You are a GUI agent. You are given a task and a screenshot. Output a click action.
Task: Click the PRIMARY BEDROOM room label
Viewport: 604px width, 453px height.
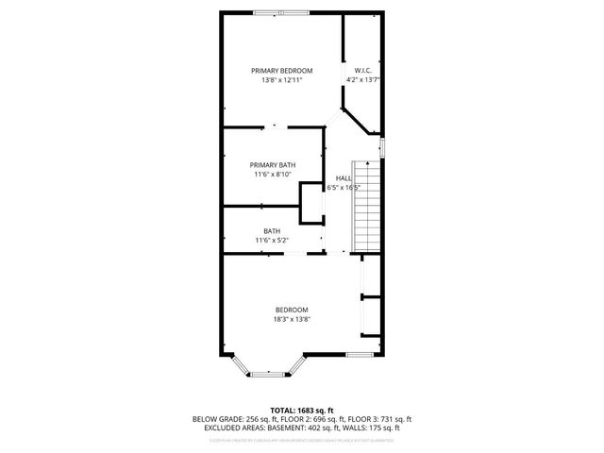click(x=281, y=71)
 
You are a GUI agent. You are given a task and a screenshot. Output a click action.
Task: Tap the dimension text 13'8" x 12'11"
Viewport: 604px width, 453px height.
click(x=281, y=80)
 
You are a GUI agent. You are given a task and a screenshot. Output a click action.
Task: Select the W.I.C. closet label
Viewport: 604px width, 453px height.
click(x=362, y=71)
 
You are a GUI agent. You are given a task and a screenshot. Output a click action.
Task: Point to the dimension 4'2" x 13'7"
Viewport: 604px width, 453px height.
click(x=362, y=80)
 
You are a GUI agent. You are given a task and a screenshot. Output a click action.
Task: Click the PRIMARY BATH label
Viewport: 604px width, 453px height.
click(x=273, y=164)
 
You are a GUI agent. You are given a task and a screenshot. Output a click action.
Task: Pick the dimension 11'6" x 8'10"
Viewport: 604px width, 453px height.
click(x=273, y=174)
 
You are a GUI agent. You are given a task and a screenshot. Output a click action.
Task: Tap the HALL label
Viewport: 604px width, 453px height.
click(x=344, y=178)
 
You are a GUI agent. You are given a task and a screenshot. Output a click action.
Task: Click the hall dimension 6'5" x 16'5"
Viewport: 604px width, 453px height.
click(x=345, y=188)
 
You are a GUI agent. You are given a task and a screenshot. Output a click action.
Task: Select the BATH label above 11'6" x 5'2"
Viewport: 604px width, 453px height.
click(x=272, y=231)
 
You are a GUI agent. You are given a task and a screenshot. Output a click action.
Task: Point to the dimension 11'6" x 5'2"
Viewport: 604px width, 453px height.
click(x=272, y=241)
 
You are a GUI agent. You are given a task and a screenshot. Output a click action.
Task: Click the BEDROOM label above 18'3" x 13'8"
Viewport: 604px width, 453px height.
click(x=292, y=310)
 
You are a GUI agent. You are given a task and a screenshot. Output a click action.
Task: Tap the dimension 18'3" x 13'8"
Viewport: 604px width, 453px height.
click(x=292, y=319)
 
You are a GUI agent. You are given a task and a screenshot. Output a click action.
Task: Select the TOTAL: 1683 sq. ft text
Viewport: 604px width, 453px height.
click(x=301, y=411)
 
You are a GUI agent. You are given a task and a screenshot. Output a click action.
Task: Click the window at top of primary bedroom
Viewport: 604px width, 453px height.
click(x=280, y=12)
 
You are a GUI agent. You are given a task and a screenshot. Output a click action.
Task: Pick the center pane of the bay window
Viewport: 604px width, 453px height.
click(x=269, y=374)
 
